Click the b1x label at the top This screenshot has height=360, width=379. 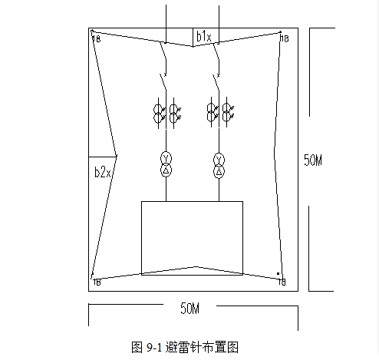[x=204, y=36]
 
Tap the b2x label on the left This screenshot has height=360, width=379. [x=103, y=172]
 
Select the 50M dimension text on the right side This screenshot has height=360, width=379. [x=313, y=160]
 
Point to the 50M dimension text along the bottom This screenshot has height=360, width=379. [x=189, y=308]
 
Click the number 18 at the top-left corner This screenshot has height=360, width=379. [x=96, y=39]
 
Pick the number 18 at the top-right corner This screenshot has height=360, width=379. [x=285, y=38]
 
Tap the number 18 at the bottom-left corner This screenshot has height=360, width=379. [x=97, y=282]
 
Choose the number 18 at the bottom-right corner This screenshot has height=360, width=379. [x=282, y=282]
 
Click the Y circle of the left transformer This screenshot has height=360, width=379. [x=166, y=158]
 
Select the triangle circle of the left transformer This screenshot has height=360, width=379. [x=166, y=170]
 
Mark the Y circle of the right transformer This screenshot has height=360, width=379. [x=219, y=160]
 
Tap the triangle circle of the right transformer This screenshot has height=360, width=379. [x=219, y=172]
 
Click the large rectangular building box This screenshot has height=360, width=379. [x=192, y=201]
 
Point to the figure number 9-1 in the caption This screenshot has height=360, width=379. [x=154, y=348]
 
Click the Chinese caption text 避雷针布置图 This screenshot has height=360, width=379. [x=202, y=347]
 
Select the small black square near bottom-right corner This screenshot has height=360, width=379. [x=278, y=273]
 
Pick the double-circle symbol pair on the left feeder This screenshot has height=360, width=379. [x=167, y=113]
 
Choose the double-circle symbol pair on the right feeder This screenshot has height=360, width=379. [x=220, y=113]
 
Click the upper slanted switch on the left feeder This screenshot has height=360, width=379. [x=163, y=59]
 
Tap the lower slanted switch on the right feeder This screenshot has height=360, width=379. [x=216, y=82]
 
